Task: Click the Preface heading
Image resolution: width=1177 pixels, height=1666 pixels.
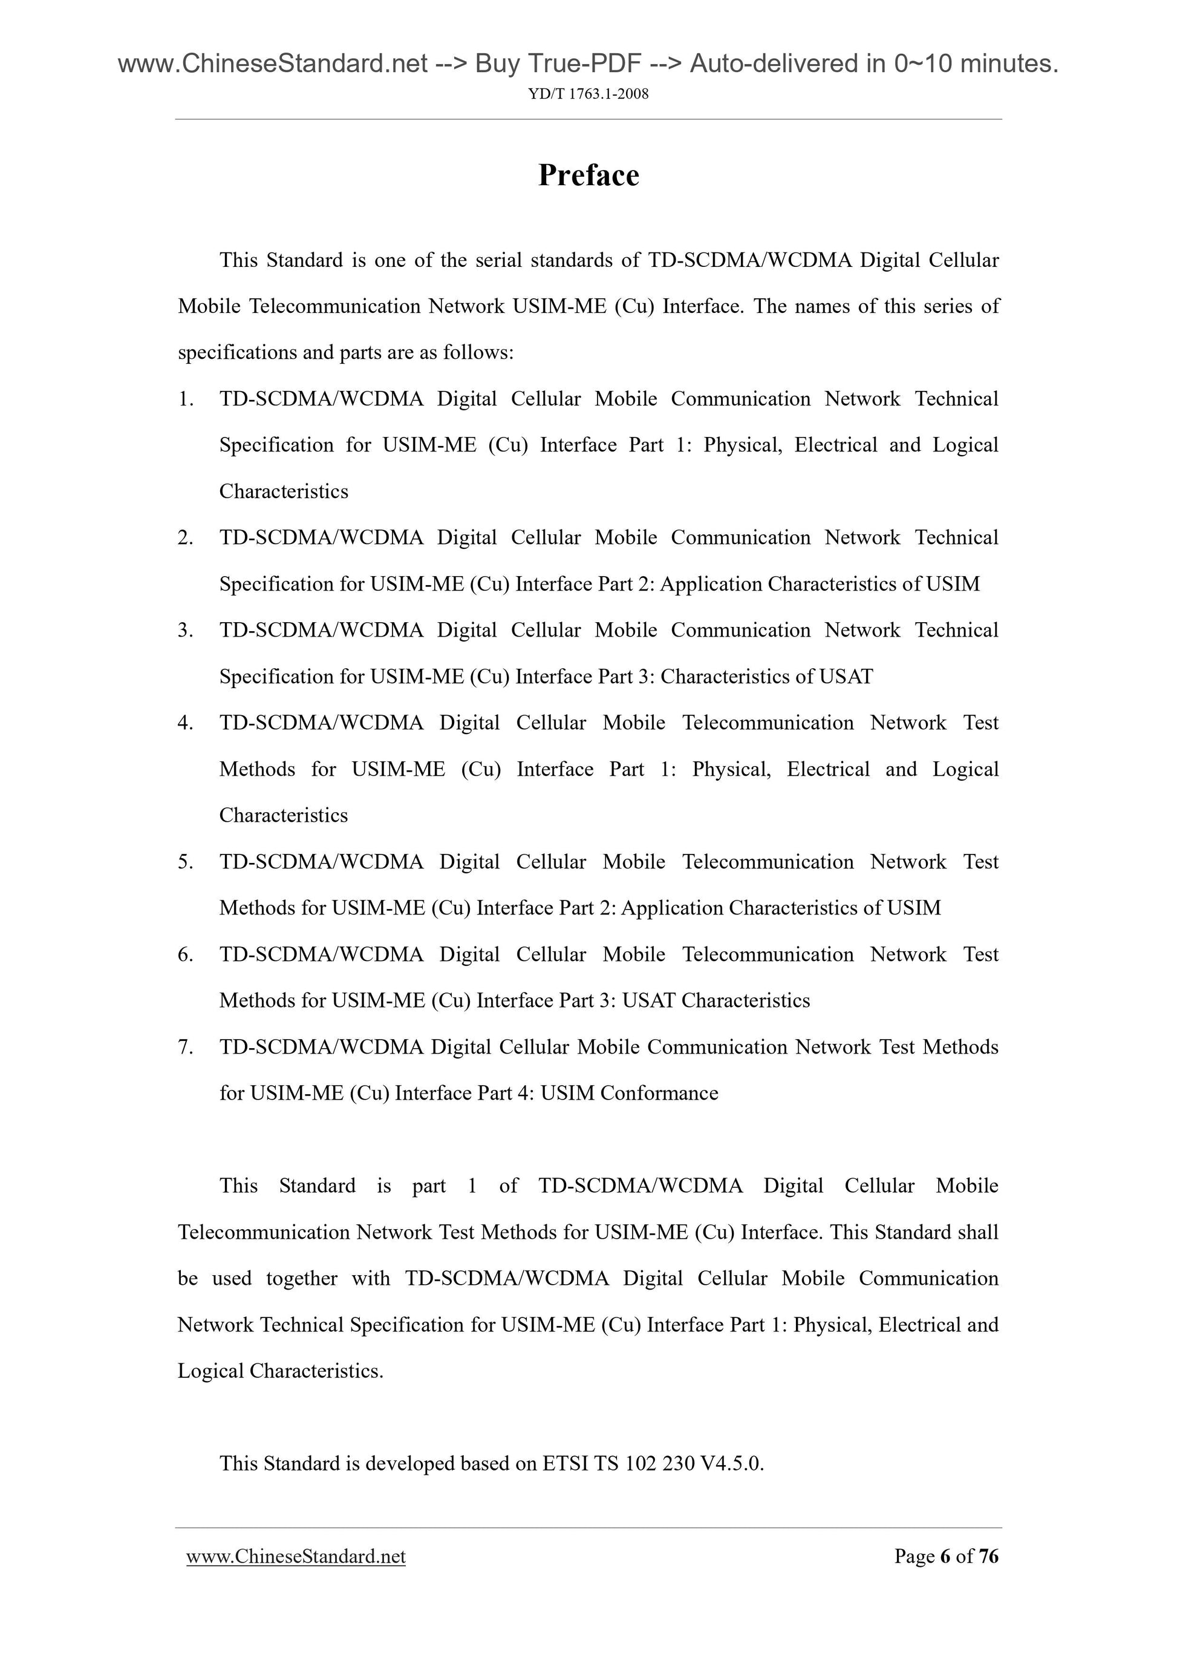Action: (x=588, y=175)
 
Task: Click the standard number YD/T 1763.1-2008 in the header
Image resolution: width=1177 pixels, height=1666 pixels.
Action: (x=588, y=94)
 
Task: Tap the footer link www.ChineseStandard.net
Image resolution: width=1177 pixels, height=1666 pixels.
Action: (x=296, y=1556)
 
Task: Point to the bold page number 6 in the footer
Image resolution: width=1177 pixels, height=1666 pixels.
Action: (x=945, y=1556)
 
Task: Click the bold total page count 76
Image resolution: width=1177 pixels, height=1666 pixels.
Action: (x=988, y=1556)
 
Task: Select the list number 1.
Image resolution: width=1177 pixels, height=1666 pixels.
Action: (x=185, y=398)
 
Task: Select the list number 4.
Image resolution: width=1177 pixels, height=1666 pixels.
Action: (x=185, y=723)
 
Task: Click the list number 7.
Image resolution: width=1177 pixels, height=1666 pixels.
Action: (x=185, y=1046)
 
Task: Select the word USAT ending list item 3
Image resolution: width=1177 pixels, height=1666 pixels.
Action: (x=846, y=677)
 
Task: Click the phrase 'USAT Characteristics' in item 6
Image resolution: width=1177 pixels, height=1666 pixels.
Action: (x=716, y=1000)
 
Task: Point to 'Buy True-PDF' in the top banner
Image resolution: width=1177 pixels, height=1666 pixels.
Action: (x=558, y=64)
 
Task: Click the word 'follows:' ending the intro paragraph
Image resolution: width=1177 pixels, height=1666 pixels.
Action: (x=478, y=353)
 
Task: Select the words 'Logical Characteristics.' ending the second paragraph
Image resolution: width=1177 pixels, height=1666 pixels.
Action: (x=281, y=1371)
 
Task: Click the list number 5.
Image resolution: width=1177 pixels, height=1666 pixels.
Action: (x=185, y=861)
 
